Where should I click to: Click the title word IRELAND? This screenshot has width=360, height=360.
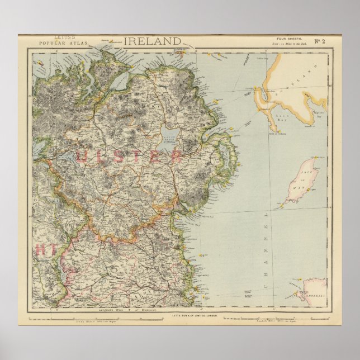(152, 41)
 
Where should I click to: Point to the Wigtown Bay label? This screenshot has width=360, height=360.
(315, 114)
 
